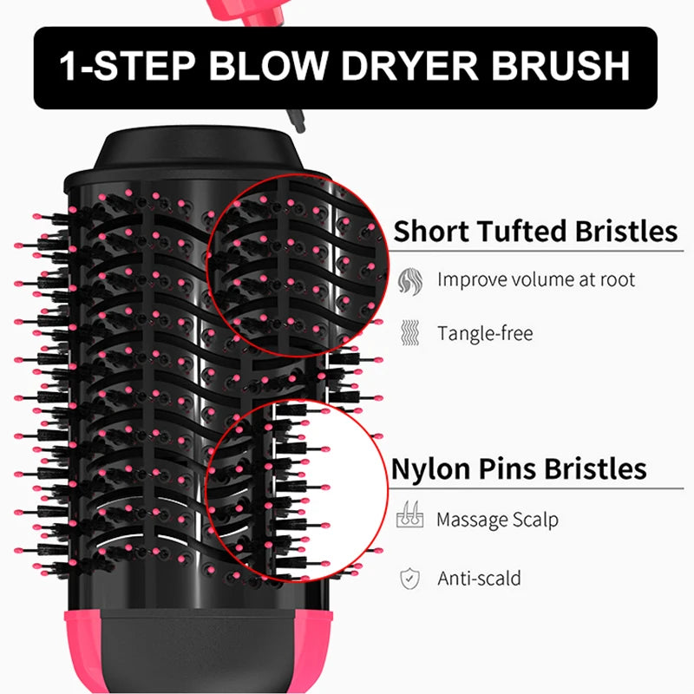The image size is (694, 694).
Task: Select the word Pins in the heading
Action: point(514,469)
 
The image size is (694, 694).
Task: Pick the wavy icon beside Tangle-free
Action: point(409,333)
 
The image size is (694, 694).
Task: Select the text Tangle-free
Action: point(485,333)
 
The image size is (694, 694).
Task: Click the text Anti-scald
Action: point(480,578)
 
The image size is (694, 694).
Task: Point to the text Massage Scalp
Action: point(497,520)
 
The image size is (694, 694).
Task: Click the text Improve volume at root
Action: point(536,280)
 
